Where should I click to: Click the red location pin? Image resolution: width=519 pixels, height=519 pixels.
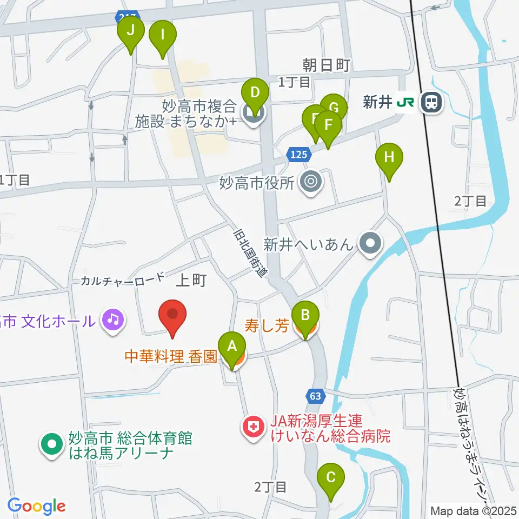point(172,316)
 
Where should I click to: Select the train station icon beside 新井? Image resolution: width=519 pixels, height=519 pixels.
point(431,102)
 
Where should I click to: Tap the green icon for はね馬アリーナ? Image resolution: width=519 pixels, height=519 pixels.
point(52,445)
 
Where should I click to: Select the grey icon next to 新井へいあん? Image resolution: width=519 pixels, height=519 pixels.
point(370,244)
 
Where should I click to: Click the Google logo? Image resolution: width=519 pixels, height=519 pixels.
point(36,507)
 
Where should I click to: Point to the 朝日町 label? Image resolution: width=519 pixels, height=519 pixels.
point(327,65)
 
